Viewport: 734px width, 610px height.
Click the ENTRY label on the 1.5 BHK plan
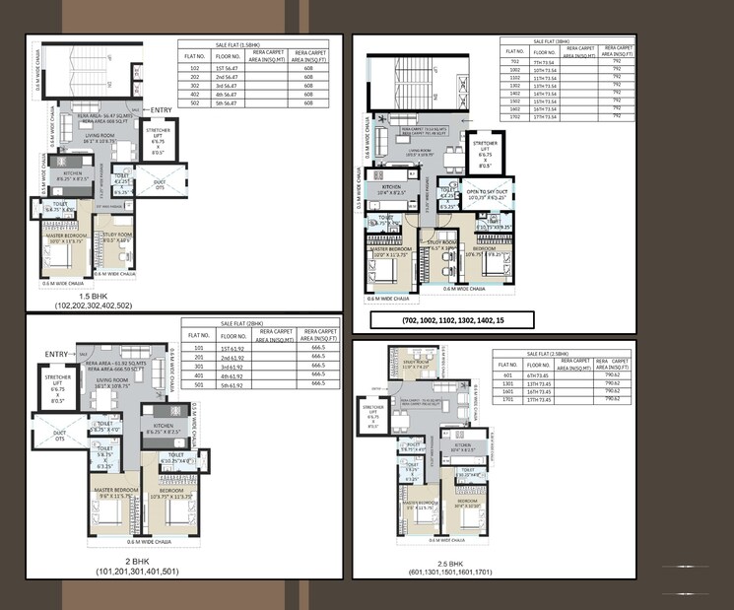pos(161,109)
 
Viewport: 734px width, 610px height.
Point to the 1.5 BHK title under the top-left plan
pos(94,295)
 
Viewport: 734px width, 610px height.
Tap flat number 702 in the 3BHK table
pos(513,60)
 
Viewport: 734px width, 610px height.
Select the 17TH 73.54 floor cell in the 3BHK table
pos(558,115)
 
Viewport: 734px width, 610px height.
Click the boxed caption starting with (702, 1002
pos(452,320)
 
